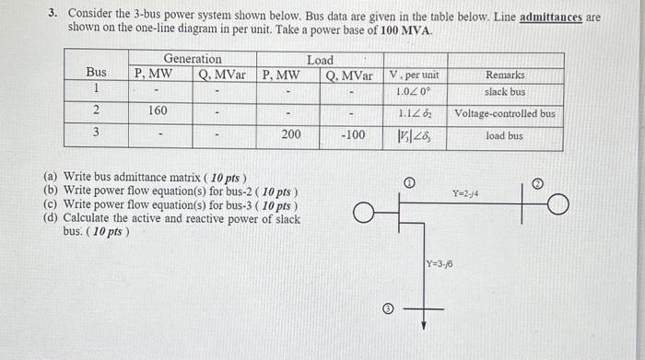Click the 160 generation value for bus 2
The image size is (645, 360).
tap(158, 110)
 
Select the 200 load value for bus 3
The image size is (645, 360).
tap(290, 134)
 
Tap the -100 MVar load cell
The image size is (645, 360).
tap(351, 134)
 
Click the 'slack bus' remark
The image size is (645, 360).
tap(504, 92)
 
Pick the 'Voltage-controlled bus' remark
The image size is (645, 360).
tap(504, 114)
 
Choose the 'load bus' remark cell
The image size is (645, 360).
tap(504, 135)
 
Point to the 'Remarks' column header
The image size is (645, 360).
tap(504, 75)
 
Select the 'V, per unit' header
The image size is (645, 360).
tap(414, 75)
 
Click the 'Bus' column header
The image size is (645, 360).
tap(96, 72)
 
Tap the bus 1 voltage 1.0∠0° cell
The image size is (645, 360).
tap(414, 92)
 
